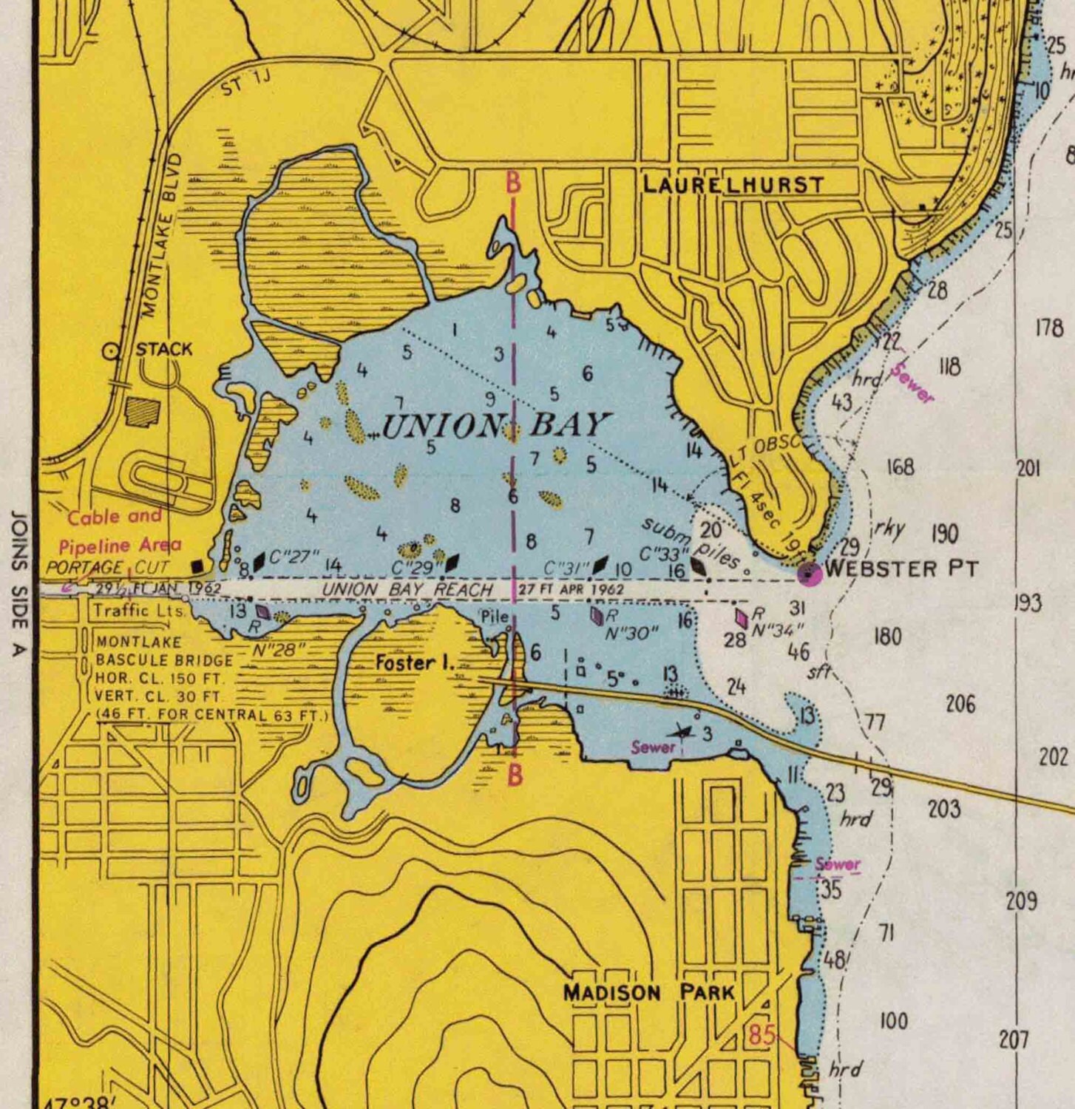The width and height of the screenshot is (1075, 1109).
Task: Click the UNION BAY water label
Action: tap(495, 426)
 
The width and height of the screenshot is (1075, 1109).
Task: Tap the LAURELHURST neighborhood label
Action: tap(733, 185)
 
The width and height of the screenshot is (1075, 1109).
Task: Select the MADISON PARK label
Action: tap(649, 992)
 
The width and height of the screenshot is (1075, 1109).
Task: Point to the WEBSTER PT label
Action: tap(901, 569)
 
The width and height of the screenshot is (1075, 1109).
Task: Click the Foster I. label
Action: tap(414, 662)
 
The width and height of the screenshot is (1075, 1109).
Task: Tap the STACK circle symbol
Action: tap(112, 352)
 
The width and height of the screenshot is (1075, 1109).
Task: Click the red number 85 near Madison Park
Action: tap(762, 1035)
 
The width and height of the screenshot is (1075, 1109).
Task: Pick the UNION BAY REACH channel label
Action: tap(407, 590)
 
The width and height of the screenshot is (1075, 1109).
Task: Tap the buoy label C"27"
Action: tap(294, 557)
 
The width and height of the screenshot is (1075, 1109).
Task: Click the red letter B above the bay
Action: tap(513, 183)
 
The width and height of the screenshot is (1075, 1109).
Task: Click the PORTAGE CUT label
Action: tap(107, 568)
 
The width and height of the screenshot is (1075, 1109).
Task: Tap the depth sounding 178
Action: tap(1048, 327)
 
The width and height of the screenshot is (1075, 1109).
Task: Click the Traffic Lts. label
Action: tap(139, 611)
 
